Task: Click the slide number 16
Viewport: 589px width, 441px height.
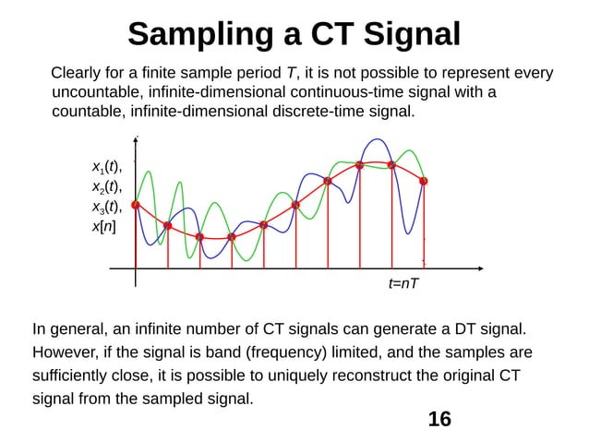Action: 440,419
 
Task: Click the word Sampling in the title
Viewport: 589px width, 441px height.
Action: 198,34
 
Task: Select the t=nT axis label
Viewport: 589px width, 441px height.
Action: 403,283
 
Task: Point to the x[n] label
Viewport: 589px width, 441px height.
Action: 103,225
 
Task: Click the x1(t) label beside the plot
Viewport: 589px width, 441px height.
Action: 106,167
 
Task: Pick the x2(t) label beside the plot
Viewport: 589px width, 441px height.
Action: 106,186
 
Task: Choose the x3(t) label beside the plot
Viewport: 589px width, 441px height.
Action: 106,206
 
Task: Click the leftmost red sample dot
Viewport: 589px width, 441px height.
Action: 136,205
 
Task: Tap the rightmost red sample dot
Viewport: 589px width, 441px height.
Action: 424,181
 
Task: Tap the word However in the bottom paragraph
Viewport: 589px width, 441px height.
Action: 66,352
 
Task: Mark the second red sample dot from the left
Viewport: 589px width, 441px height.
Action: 167,225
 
